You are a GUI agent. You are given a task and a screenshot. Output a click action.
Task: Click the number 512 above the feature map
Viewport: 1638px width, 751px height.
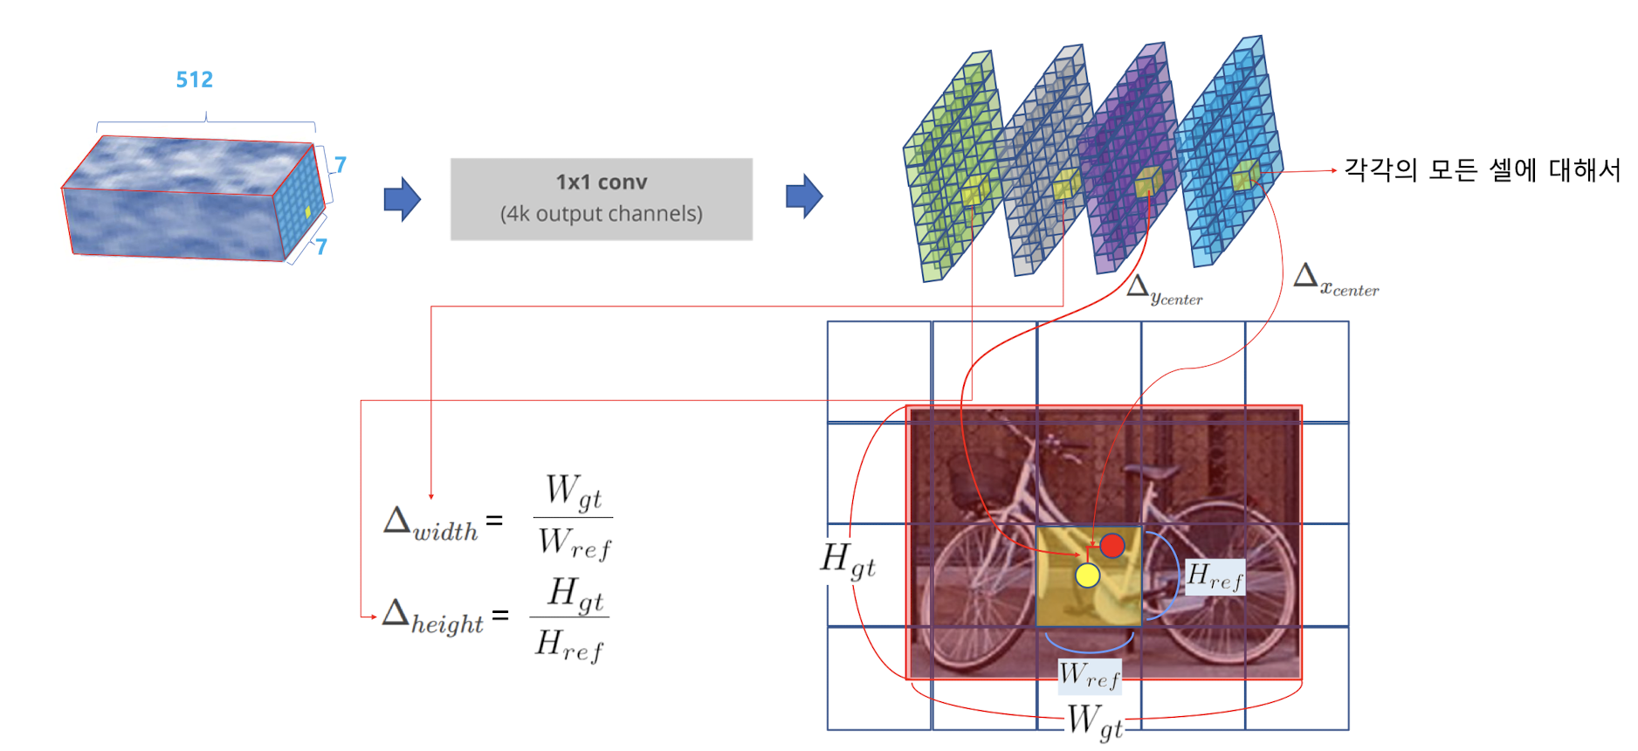(x=194, y=79)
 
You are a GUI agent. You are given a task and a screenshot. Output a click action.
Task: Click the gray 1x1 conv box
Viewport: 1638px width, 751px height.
(x=601, y=199)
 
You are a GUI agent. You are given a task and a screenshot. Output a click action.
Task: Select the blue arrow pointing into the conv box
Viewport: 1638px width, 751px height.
(x=402, y=199)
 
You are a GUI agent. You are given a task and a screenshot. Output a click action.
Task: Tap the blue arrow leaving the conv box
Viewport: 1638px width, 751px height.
(x=803, y=196)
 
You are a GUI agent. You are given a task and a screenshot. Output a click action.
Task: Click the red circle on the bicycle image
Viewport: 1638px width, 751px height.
(x=1111, y=546)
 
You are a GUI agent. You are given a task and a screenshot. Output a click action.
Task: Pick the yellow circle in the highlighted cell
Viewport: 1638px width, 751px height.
(x=1087, y=575)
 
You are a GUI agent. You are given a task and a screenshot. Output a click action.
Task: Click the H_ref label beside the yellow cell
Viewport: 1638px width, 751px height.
(x=1215, y=577)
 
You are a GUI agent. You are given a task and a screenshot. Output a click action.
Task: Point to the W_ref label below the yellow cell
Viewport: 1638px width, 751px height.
(x=1089, y=675)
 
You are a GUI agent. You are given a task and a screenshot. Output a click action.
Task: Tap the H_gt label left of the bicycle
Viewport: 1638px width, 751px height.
(x=847, y=561)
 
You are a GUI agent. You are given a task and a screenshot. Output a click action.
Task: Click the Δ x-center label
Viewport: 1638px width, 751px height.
(x=1335, y=280)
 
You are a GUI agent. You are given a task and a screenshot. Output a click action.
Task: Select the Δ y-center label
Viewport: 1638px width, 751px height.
(x=1163, y=290)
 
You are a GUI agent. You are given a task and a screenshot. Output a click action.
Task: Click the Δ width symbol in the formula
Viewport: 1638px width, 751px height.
(x=431, y=524)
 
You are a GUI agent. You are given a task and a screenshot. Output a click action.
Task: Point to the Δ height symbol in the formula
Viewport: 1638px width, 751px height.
(x=432, y=617)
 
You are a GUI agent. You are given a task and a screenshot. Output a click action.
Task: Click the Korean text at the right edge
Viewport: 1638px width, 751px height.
(x=1481, y=169)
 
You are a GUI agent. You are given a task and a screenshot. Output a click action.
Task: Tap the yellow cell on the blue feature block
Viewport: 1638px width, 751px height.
(x=307, y=212)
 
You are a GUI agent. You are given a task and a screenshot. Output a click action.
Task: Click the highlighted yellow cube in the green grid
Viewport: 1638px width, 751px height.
(x=974, y=190)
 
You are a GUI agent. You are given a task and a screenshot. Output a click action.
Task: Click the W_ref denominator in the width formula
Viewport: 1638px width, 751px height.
(x=574, y=544)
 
